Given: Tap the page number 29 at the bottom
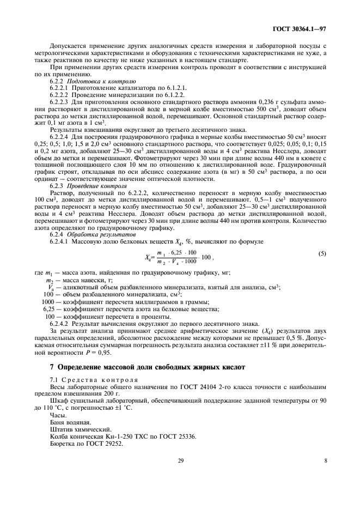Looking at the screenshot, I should (181, 461).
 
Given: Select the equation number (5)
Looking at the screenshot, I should (322, 254).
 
